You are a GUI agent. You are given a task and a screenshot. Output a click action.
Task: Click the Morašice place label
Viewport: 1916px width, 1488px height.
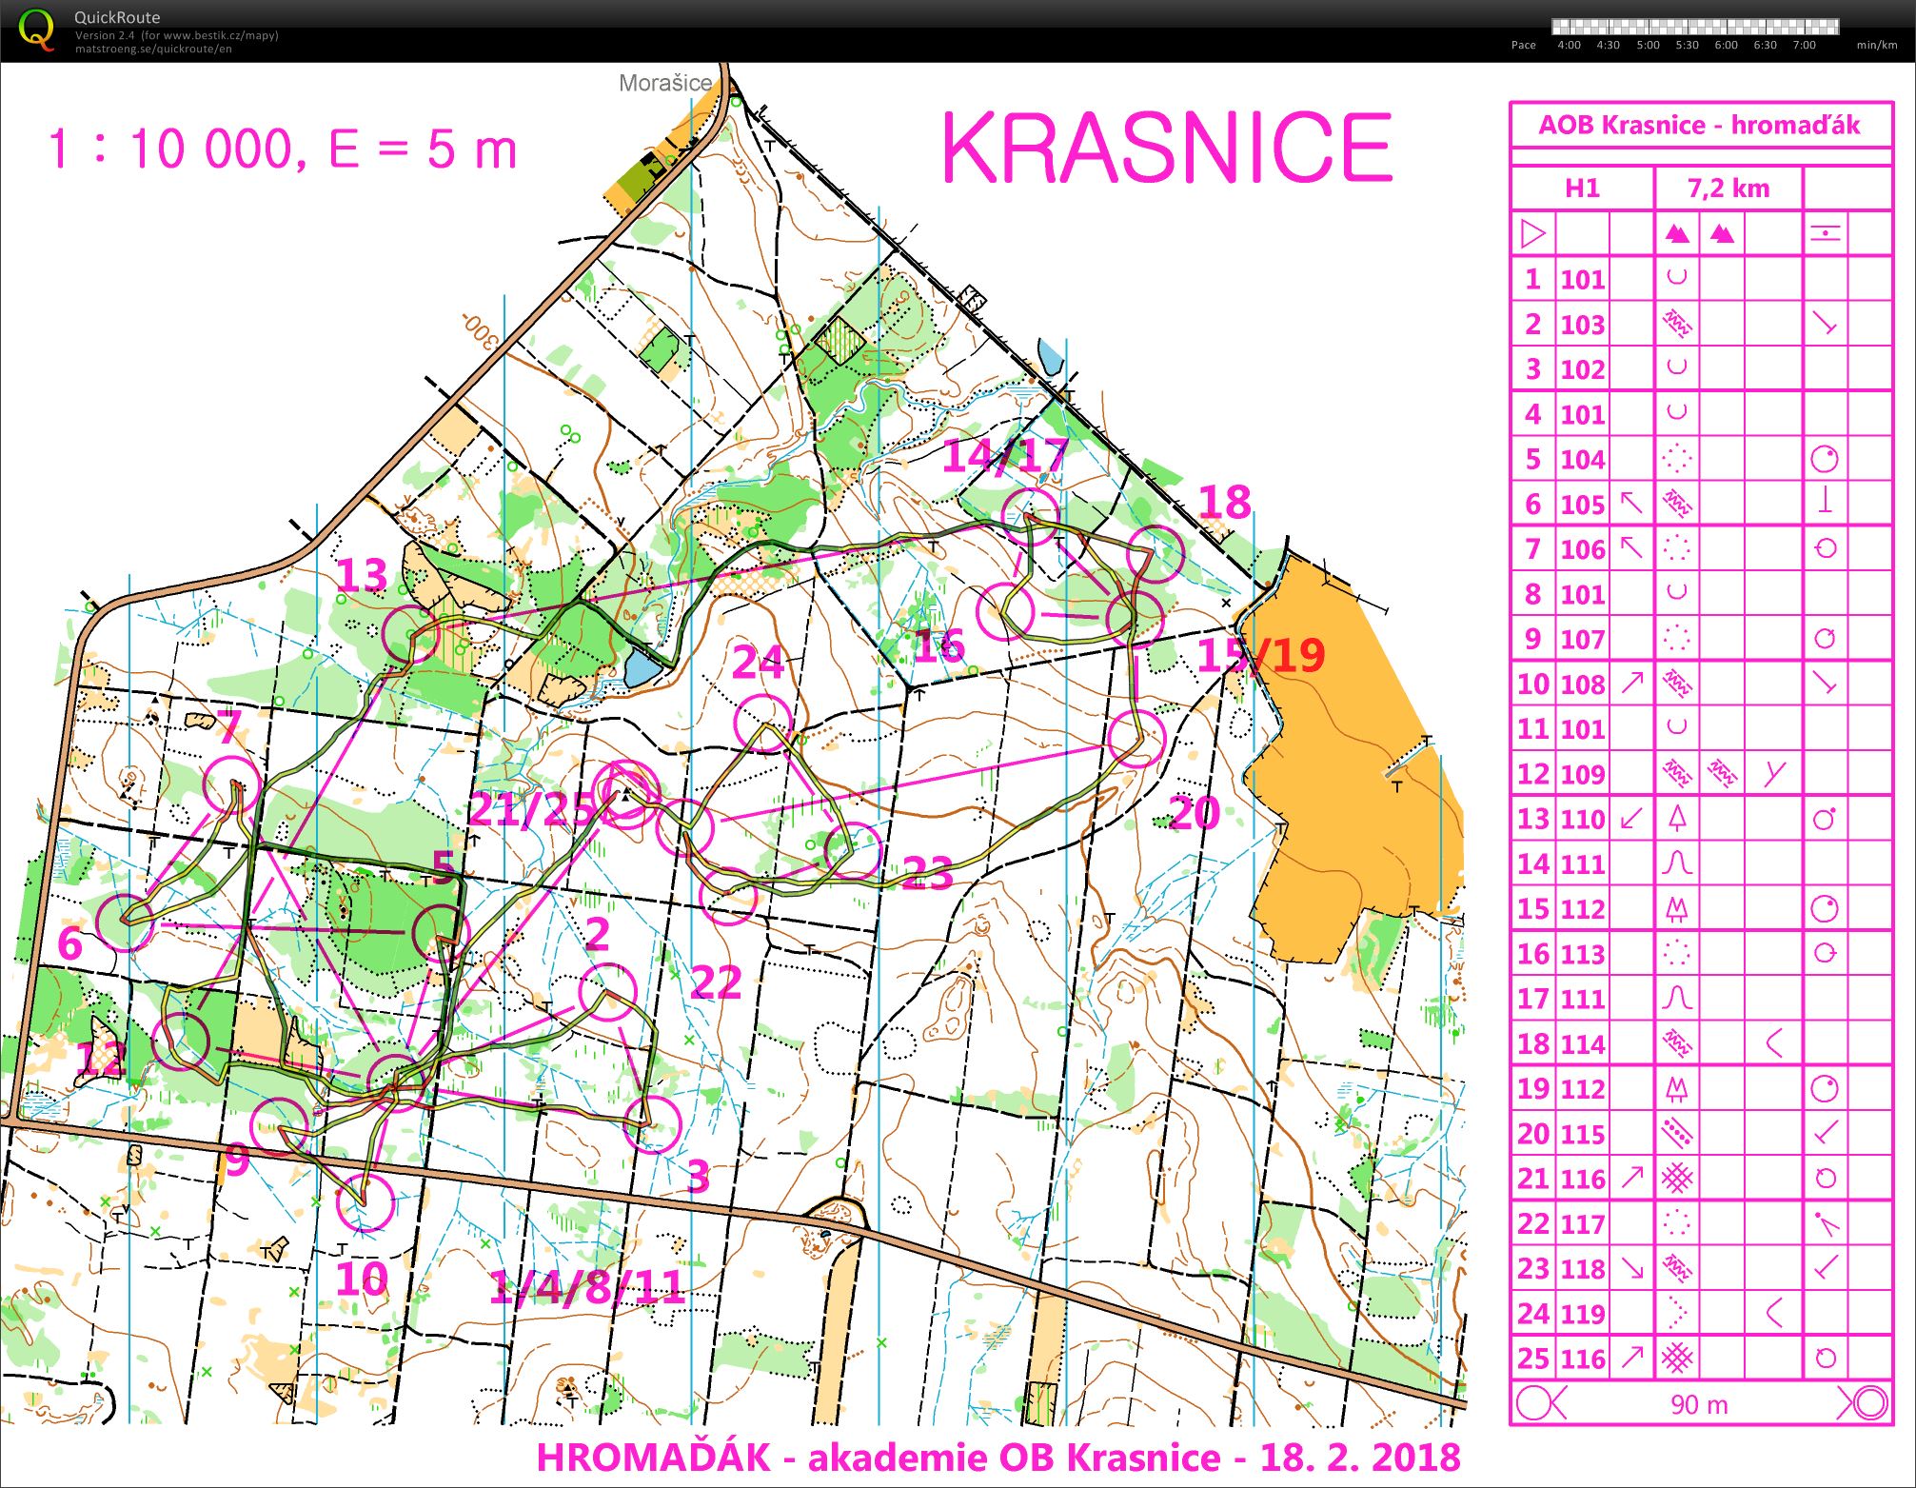click(664, 83)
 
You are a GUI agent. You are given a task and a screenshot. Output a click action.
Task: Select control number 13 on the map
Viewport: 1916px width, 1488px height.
click(362, 576)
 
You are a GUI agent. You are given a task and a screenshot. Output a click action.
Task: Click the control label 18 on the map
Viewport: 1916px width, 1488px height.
click(1224, 502)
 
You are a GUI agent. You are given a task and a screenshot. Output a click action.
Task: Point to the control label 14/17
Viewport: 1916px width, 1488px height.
click(1005, 455)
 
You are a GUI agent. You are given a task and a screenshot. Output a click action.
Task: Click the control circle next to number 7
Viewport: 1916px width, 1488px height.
click(232, 784)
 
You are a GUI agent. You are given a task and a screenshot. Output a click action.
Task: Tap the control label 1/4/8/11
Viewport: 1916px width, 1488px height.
click(587, 1288)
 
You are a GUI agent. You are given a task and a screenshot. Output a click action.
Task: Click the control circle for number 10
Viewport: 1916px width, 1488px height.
click(365, 1202)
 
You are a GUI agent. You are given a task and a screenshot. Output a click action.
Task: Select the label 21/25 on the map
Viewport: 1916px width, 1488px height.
click(531, 809)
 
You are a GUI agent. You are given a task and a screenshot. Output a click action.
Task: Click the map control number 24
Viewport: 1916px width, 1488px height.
click(758, 663)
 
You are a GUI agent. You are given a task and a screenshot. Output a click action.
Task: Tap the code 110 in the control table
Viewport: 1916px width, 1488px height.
click(1583, 819)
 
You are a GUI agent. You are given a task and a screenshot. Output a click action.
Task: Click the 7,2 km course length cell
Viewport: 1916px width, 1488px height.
click(1728, 188)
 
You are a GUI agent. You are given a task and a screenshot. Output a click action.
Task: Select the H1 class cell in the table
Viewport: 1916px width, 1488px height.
click(1582, 188)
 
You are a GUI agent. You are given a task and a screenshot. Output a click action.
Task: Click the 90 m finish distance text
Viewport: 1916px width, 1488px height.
click(1699, 1404)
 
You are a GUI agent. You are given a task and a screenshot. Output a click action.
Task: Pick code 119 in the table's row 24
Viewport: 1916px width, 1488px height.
click(1583, 1314)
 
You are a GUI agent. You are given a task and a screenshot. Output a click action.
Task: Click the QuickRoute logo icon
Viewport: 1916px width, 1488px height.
click(36, 30)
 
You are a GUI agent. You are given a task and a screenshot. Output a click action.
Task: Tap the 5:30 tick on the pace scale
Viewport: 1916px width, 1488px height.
click(1687, 45)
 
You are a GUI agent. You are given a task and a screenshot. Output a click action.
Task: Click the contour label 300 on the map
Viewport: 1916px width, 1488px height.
click(481, 329)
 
